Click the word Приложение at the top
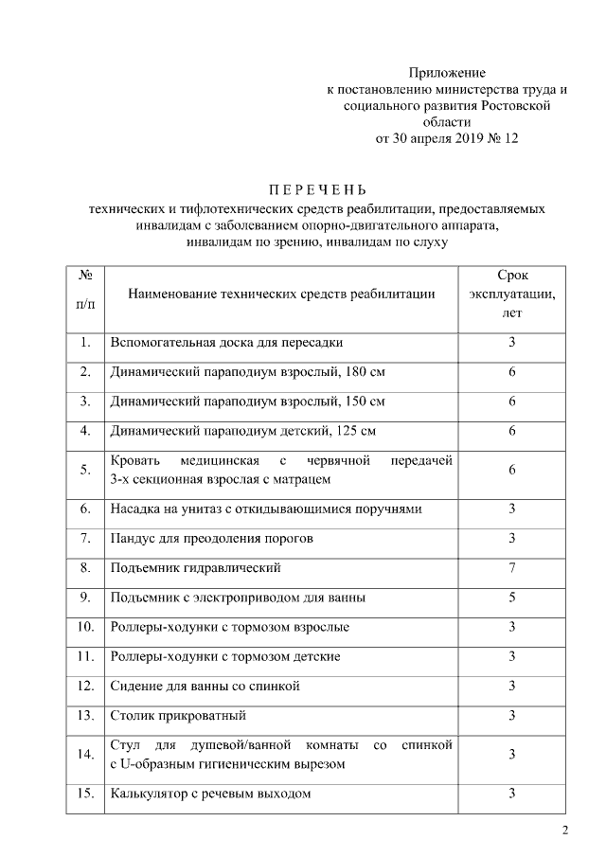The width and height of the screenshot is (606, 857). (x=447, y=73)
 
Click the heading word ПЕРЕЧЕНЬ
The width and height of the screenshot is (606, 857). (x=302, y=187)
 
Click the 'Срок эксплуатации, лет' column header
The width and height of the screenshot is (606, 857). (x=511, y=294)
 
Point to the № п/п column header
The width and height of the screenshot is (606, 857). (x=85, y=294)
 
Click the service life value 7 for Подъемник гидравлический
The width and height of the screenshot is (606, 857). (x=511, y=568)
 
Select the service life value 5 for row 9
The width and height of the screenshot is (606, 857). (x=511, y=598)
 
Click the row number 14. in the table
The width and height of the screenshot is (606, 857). (x=85, y=754)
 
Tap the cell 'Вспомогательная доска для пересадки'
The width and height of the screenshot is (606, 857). (x=226, y=342)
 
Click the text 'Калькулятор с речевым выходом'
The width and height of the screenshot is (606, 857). (x=210, y=793)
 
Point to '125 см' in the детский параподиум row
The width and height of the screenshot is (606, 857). (x=354, y=431)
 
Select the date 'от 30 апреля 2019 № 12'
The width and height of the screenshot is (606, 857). (x=447, y=138)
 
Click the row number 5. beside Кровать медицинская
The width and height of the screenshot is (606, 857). (x=85, y=470)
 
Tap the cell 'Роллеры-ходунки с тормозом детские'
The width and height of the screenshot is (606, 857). (x=225, y=656)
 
